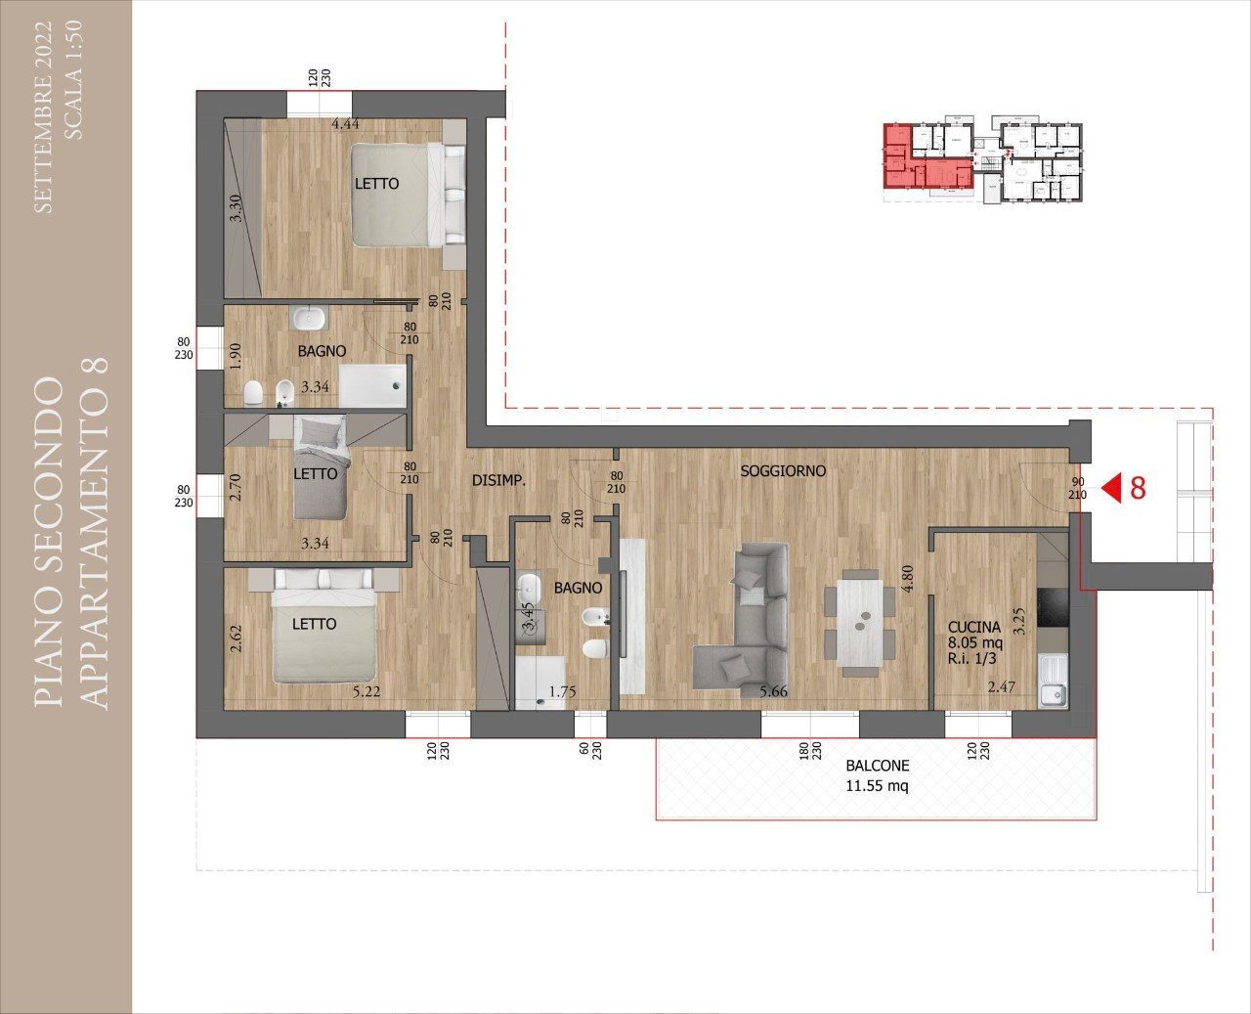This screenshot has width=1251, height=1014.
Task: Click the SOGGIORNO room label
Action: (x=782, y=471)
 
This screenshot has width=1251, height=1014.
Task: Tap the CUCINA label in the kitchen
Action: (x=973, y=627)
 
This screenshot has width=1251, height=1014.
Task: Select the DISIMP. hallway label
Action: (x=498, y=481)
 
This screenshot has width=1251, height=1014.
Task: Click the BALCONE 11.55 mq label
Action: (x=877, y=775)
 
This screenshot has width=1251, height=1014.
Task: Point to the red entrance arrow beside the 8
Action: (x=1111, y=488)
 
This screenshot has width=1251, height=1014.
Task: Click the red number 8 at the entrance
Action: (x=1138, y=488)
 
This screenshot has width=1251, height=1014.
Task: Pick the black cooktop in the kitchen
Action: (x=1053, y=608)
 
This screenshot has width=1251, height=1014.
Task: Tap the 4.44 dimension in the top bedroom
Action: (x=346, y=124)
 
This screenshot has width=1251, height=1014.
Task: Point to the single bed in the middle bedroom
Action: (x=321, y=466)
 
